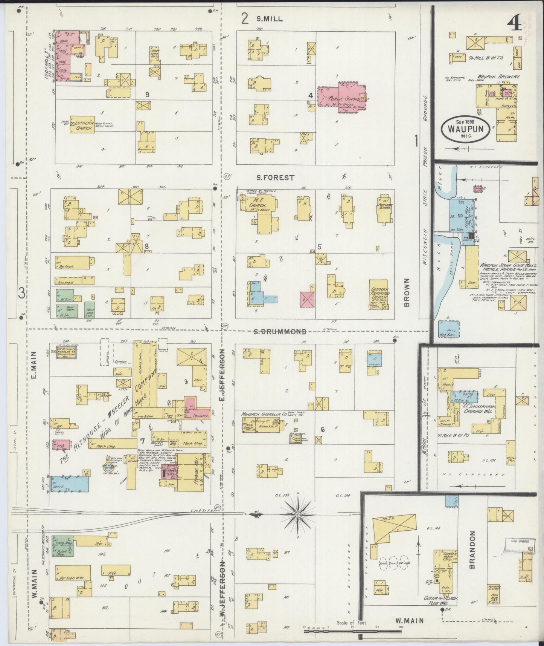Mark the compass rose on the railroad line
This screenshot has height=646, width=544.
point(297,514)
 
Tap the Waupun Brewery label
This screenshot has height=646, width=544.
point(499,77)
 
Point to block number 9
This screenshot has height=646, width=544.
point(148,95)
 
